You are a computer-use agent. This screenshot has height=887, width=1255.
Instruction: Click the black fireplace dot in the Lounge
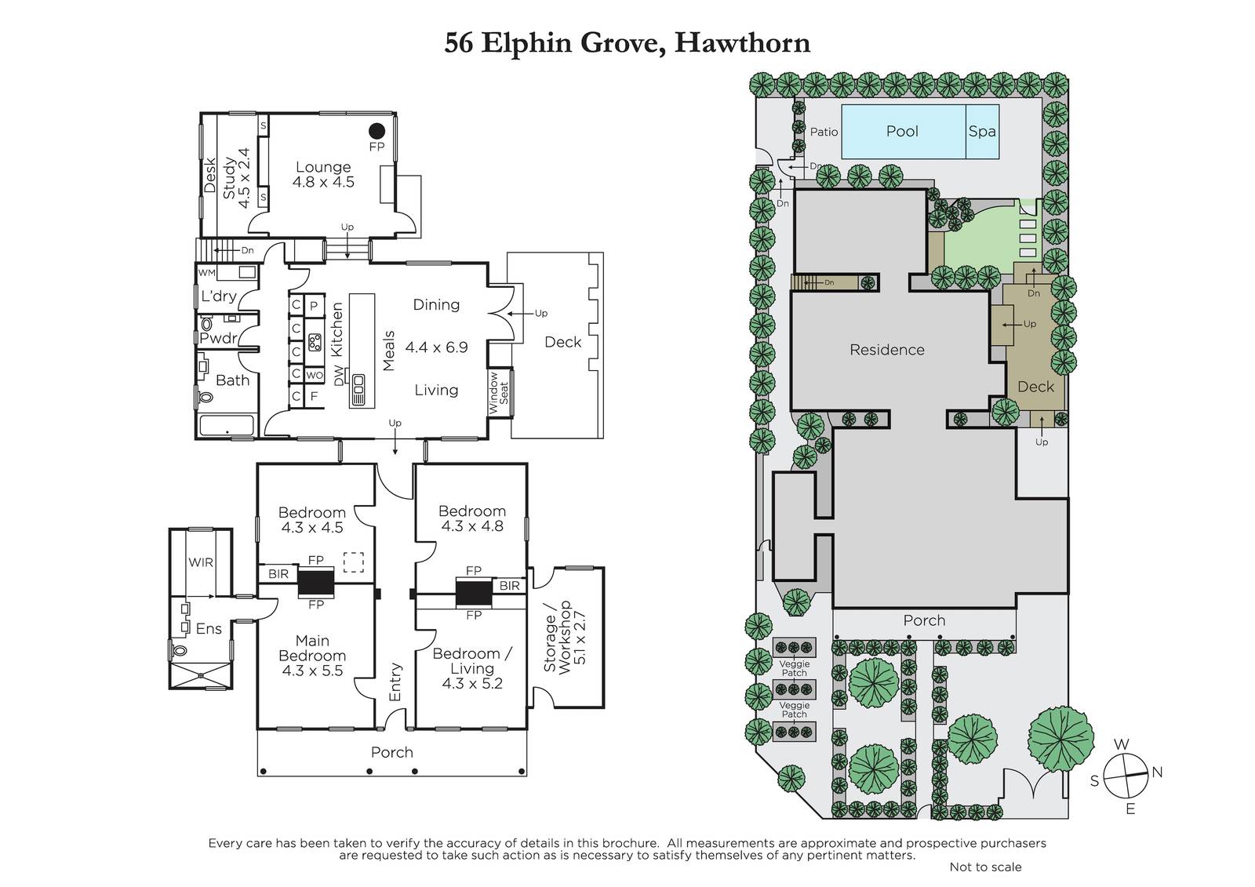point(377,131)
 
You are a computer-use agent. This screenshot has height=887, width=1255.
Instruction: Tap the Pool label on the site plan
point(902,131)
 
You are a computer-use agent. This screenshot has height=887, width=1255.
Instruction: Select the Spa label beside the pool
point(982,132)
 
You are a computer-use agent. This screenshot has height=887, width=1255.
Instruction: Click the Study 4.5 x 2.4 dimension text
point(237,178)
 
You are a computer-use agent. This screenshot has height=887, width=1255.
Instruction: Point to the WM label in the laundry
point(207,273)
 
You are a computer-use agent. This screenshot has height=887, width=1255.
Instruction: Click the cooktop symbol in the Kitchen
point(315,342)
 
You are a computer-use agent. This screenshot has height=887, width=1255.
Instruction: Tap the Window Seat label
point(499,393)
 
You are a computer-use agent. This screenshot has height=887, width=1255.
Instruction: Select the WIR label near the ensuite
point(201,562)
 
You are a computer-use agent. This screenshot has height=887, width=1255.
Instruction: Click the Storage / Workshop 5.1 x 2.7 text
point(565,636)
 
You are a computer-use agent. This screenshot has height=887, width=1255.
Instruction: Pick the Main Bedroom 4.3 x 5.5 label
point(312,656)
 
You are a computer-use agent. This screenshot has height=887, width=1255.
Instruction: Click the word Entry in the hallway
point(395,682)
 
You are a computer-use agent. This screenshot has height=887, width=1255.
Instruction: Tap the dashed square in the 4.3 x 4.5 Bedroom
point(354,562)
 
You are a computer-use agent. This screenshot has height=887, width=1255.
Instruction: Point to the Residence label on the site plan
point(887,350)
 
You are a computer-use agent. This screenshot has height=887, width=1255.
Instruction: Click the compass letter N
point(1157,772)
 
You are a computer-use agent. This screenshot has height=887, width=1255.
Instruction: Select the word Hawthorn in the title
point(742,43)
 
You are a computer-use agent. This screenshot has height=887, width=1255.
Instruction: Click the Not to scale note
point(985,867)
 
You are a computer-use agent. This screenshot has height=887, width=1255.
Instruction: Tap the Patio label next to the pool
point(824,132)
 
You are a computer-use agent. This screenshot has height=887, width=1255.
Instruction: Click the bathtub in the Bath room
point(227,426)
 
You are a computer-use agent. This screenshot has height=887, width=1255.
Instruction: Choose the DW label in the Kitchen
point(338,376)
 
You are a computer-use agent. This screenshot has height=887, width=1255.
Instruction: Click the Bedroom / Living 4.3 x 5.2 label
point(472,668)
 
